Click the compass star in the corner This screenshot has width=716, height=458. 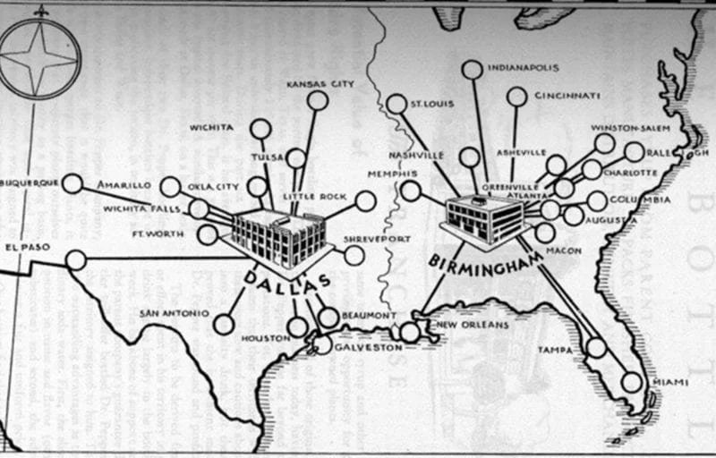click(39, 59)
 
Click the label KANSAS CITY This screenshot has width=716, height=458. click(320, 84)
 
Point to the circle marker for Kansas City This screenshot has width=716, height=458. click(317, 100)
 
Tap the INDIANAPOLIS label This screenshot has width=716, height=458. click(523, 67)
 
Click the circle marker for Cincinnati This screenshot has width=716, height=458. click(516, 97)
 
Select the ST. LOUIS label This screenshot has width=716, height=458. click(431, 104)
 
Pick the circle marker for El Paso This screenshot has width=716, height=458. click(76, 260)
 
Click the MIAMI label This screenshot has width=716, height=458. click(669, 383)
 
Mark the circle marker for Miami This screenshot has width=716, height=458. click(632, 382)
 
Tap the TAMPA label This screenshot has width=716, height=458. click(555, 351)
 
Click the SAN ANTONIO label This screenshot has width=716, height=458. click(174, 313)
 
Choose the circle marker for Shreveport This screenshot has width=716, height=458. click(354, 255)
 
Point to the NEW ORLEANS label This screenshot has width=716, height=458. click(473, 325)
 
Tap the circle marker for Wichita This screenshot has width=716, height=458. click(260, 129)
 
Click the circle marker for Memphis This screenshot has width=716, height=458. click(411, 191)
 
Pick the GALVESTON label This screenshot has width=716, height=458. click(368, 347)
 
